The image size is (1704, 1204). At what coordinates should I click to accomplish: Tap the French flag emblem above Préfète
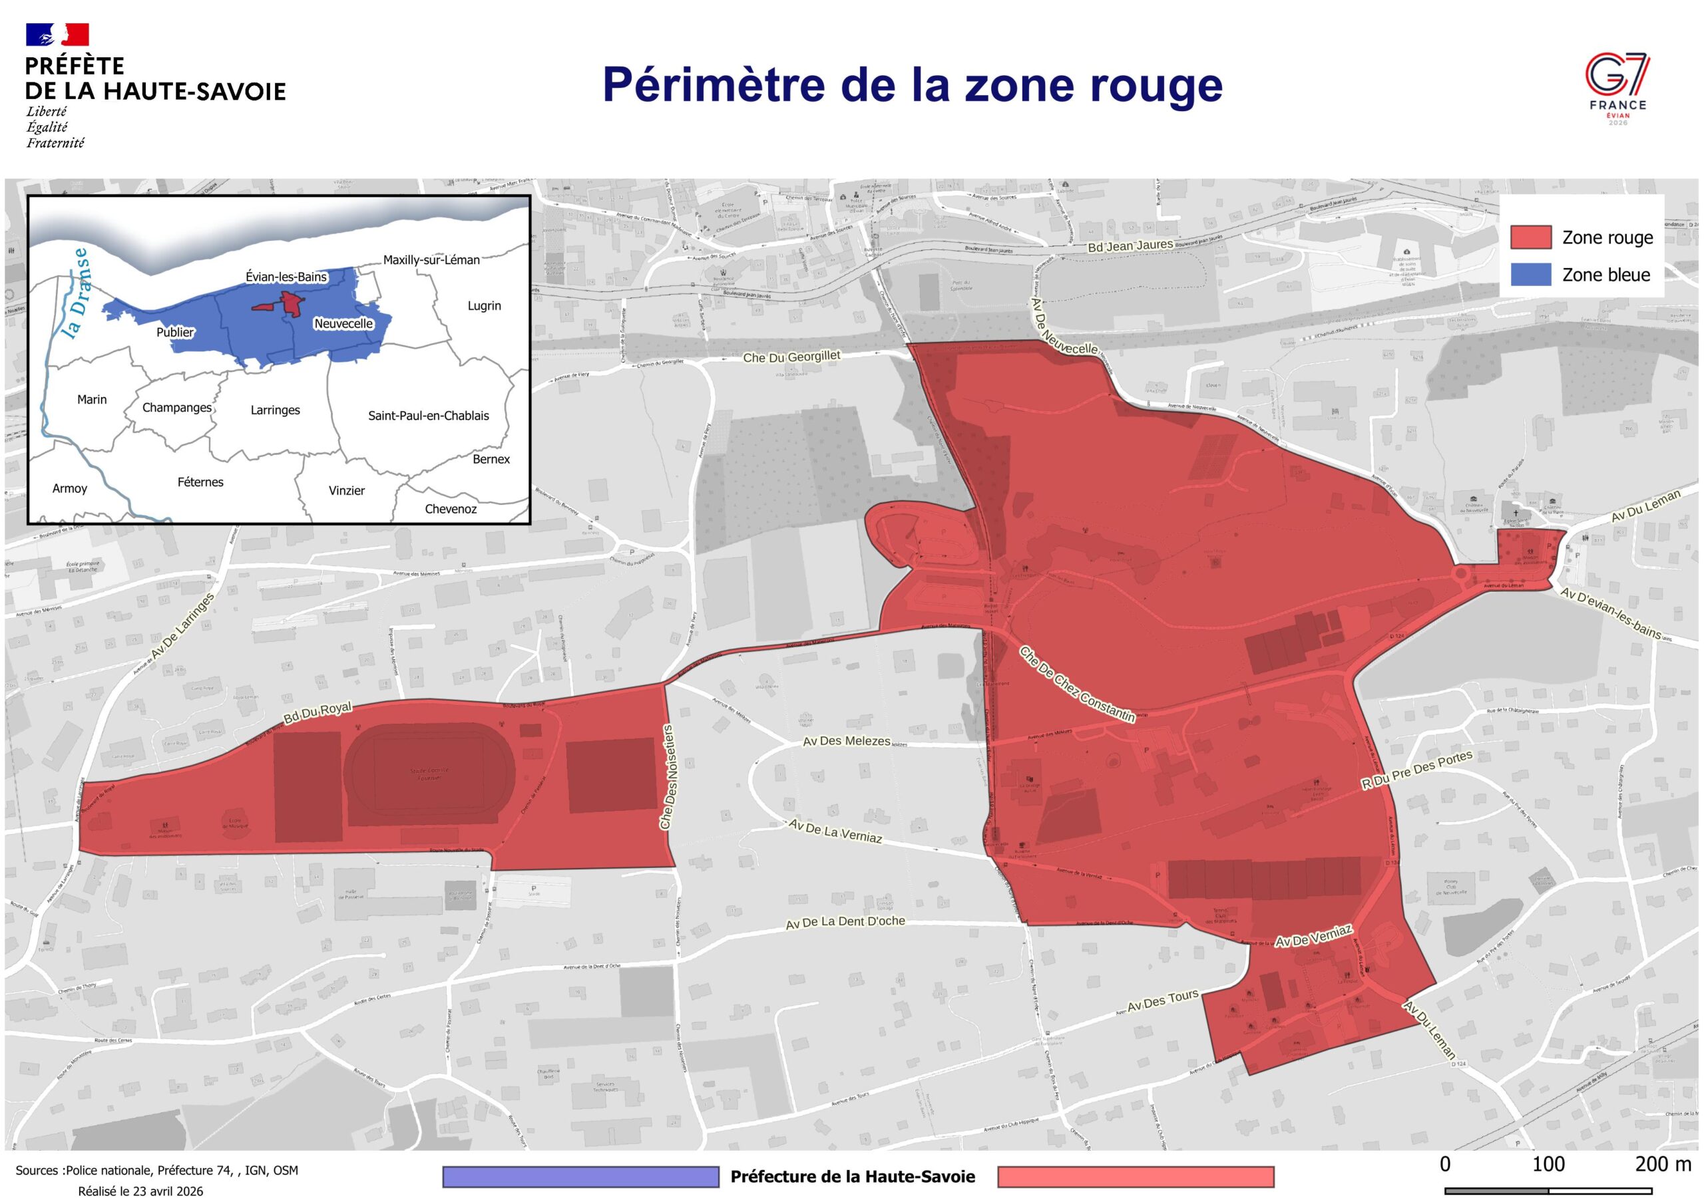(x=57, y=35)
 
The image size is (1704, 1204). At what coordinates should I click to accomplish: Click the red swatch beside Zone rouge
(x=1530, y=237)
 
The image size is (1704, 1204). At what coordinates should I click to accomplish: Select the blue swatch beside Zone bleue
(x=1530, y=275)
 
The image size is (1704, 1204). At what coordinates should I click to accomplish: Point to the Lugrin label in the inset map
(x=484, y=305)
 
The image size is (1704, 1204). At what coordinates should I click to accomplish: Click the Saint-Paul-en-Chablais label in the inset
(x=428, y=416)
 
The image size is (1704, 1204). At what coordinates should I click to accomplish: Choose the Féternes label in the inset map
(x=200, y=482)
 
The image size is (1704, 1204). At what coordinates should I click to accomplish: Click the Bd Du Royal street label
(x=318, y=712)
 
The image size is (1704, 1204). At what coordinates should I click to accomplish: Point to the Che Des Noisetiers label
(x=668, y=777)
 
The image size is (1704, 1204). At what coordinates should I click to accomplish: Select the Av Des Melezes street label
(x=847, y=741)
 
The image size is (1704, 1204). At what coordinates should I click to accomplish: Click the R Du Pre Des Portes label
(x=1416, y=771)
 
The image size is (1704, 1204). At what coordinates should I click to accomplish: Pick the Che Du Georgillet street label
(x=791, y=357)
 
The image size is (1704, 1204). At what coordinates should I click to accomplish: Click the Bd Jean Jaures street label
(x=1130, y=245)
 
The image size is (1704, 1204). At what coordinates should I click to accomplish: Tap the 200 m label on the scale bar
(x=1663, y=1163)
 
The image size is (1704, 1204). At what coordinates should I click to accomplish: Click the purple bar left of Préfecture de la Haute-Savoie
(x=580, y=1177)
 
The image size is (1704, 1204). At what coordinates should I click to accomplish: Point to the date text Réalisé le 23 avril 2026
(x=140, y=1191)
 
